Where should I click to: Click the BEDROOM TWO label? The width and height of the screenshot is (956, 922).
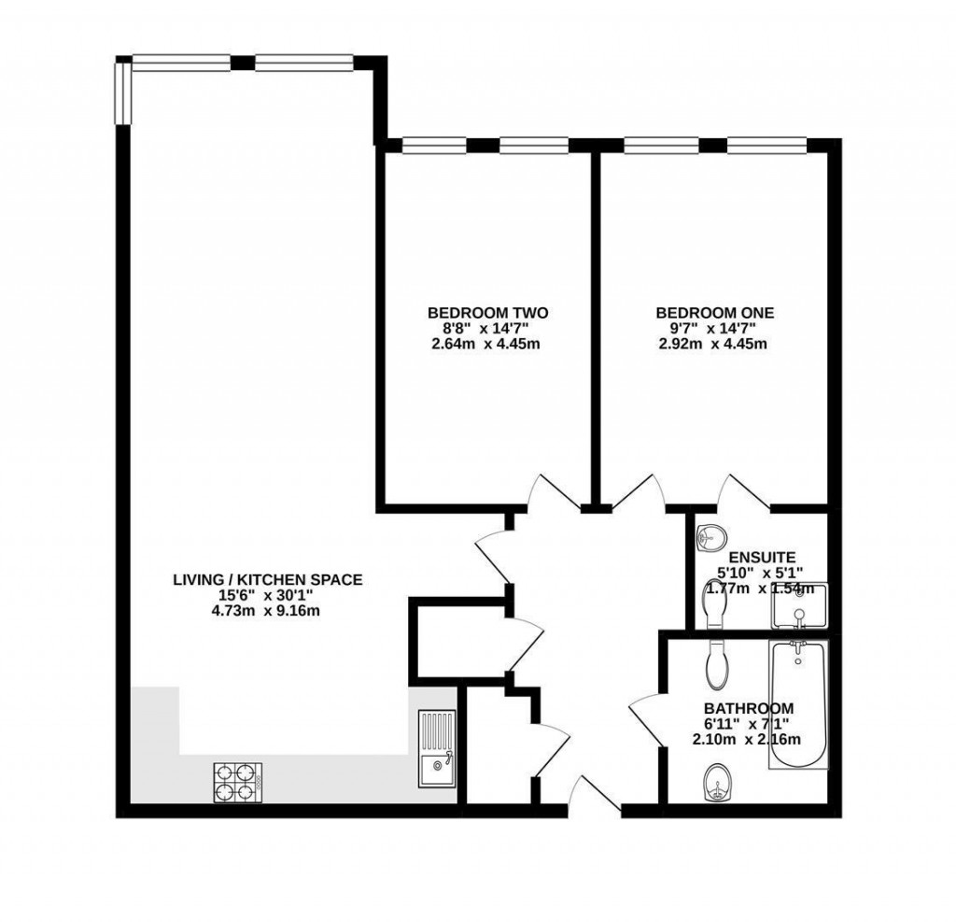coord(487,312)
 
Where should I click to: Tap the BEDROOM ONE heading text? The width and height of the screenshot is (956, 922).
coord(714,312)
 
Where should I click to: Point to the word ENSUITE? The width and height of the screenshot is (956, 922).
coord(761,557)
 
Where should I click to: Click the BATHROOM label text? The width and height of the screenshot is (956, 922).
coord(749,708)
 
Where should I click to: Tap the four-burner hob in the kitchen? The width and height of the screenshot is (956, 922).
coord(237,782)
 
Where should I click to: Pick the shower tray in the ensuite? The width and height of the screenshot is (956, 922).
coord(798,607)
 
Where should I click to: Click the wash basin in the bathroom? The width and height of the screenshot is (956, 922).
coord(715,783)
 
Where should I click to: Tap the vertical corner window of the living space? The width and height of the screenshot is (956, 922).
coord(123,92)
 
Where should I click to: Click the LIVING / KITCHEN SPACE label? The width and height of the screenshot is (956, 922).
coord(267,580)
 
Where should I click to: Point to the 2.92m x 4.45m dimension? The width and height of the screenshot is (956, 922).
coord(714,344)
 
